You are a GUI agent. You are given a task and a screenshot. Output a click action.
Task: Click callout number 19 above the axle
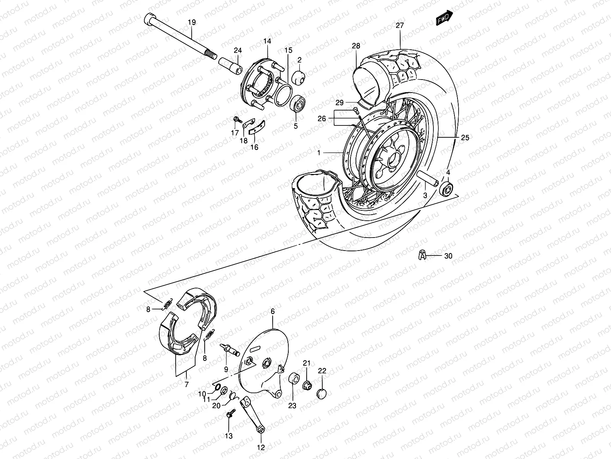[192, 23]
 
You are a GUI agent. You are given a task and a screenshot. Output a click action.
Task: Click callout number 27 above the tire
[399, 26]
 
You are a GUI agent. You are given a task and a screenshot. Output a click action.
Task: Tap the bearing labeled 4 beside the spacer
[446, 189]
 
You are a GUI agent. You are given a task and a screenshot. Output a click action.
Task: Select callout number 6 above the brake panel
[273, 312]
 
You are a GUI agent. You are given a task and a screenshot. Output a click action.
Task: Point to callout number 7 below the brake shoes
[186, 385]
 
